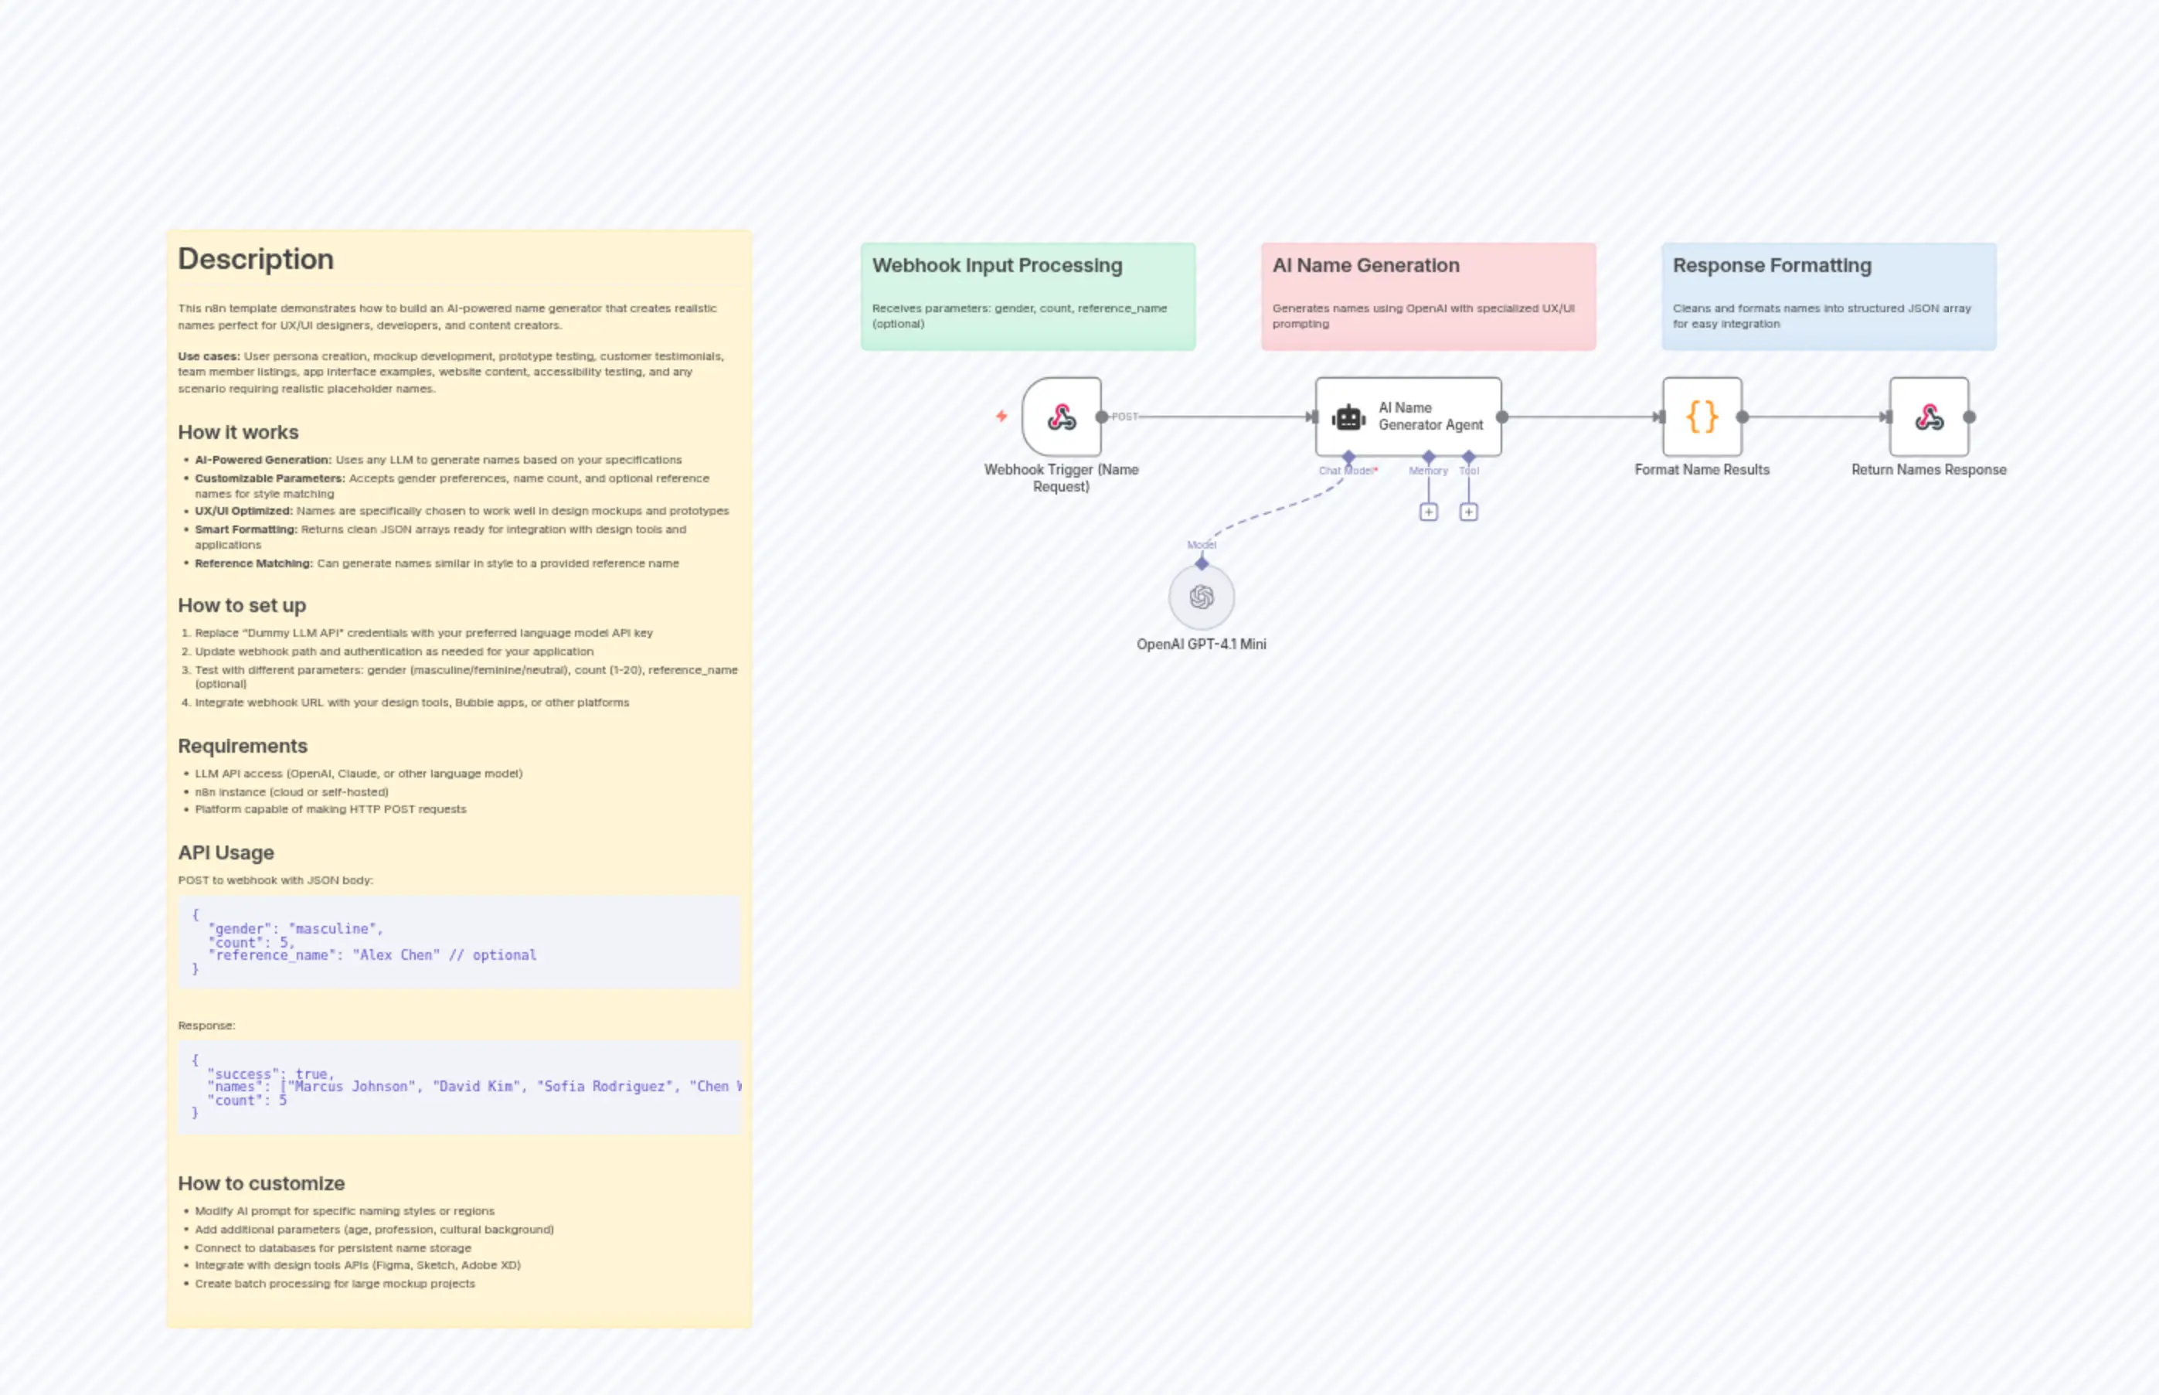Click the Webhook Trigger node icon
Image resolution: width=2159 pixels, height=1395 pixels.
pos(1062,417)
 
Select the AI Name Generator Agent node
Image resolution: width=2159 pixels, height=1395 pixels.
pos(1407,417)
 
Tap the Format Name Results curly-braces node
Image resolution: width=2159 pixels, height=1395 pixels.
pos(1702,417)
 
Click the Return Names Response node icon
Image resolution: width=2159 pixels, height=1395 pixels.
pos(1928,417)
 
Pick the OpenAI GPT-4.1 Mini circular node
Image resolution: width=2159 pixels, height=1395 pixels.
pos(1201,597)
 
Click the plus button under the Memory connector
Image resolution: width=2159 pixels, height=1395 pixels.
pos(1428,512)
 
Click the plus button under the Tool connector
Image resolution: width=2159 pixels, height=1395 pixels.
pos(1469,512)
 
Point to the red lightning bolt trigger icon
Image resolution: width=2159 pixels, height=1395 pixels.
pos(1001,416)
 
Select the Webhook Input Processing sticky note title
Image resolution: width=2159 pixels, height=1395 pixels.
pos(997,265)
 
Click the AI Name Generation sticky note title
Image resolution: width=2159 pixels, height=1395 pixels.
pos(1365,265)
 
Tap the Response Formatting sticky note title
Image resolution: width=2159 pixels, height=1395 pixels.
pos(1771,265)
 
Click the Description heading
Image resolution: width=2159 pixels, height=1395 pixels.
pos(255,259)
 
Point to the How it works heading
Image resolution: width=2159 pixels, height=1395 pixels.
pos(238,432)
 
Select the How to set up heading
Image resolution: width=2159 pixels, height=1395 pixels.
pos(242,605)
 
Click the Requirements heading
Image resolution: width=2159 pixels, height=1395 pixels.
pos(243,746)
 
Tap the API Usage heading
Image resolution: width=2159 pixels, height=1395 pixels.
pos(226,852)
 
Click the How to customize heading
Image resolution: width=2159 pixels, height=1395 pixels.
pos(261,1183)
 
